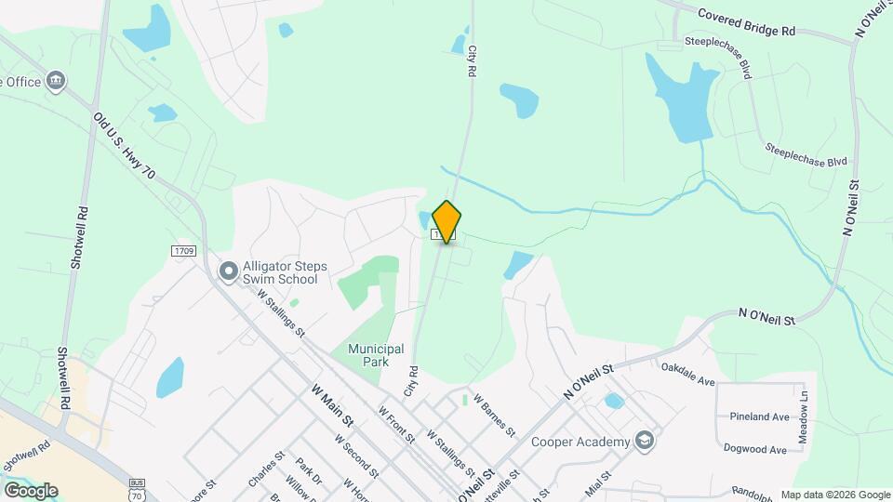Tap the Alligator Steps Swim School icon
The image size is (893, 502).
click(x=228, y=271)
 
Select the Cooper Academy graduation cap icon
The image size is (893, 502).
click(x=644, y=441)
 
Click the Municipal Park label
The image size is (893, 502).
click(x=376, y=355)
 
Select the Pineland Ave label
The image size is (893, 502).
click(x=759, y=417)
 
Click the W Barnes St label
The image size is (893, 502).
click(x=494, y=415)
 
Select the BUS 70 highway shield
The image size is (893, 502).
click(x=139, y=491)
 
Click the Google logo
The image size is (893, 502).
click(x=30, y=490)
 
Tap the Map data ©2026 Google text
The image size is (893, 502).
click(x=834, y=495)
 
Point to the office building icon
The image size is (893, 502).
click(x=57, y=81)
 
